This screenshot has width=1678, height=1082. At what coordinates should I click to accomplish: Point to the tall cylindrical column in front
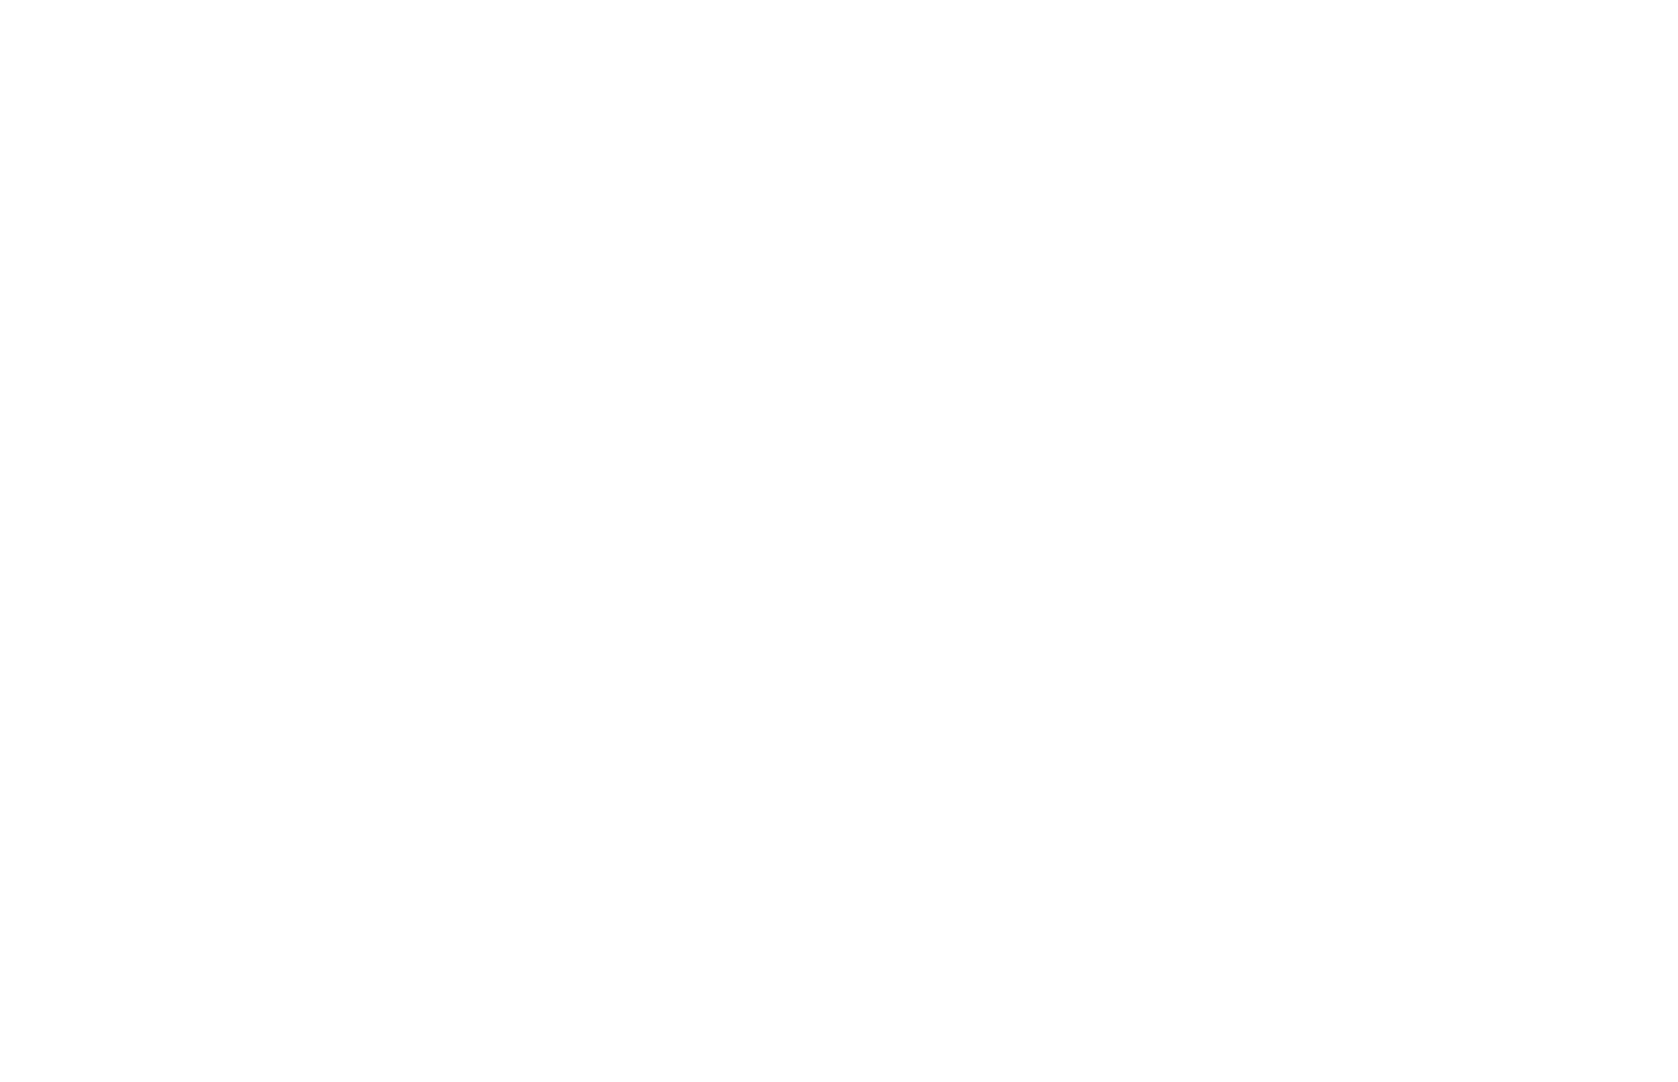click(916, 738)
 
